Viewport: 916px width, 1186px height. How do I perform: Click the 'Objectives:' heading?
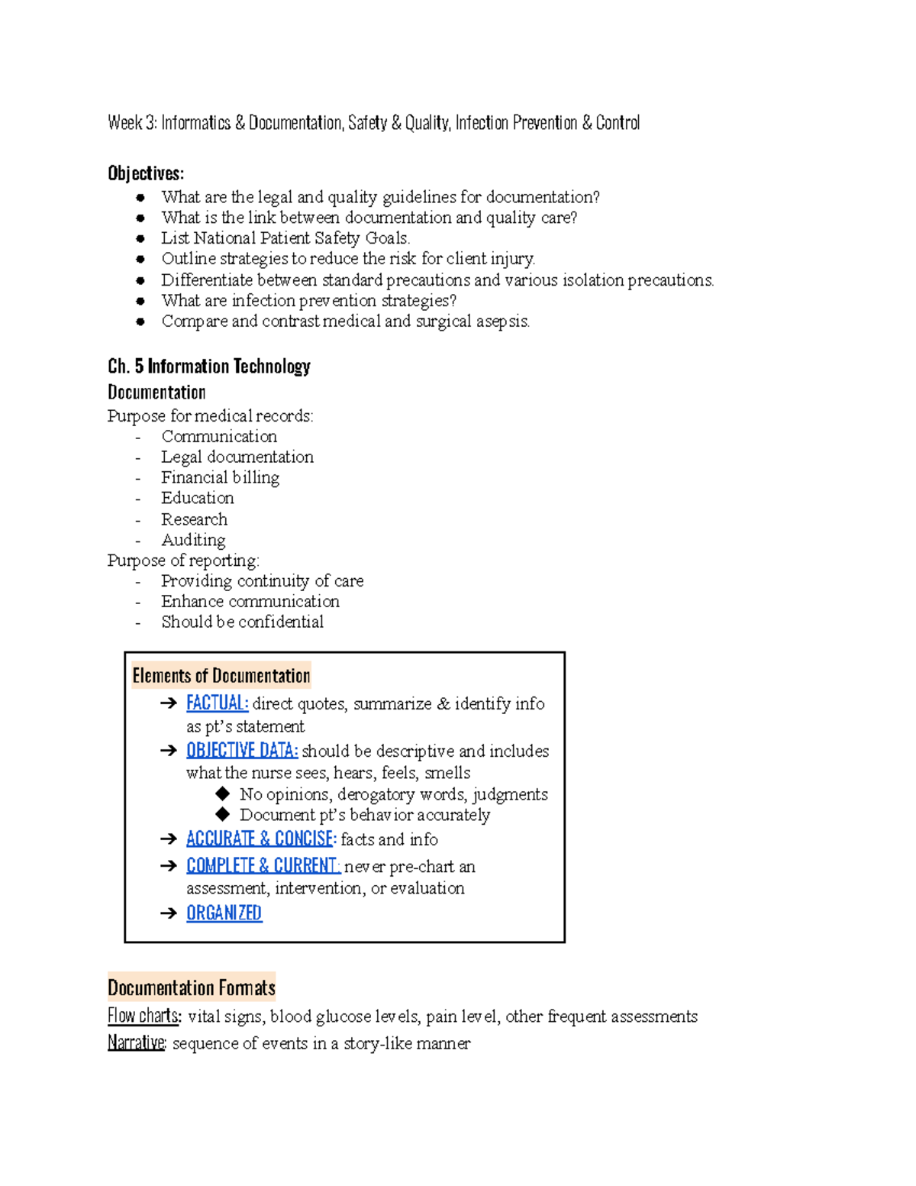[x=146, y=173]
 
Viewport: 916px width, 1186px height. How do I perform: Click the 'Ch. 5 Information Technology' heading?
[x=208, y=367]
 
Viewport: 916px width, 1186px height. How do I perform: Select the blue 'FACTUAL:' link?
[x=217, y=703]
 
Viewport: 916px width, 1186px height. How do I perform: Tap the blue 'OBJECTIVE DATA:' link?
[x=242, y=750]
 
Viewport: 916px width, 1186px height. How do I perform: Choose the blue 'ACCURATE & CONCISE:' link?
[x=261, y=839]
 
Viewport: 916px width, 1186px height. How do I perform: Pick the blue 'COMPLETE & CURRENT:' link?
[x=263, y=865]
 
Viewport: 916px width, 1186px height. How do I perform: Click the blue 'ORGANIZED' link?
[x=224, y=913]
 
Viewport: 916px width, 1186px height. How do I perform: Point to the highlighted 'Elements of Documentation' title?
[x=221, y=676]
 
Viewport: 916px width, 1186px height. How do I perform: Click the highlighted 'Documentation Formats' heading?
[x=191, y=987]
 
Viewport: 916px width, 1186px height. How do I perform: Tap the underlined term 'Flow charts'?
[x=144, y=1016]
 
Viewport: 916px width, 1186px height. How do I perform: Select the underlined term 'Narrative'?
[x=136, y=1042]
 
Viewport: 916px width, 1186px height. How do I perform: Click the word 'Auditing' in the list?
[x=193, y=540]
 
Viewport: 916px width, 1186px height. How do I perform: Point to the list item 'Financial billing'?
[x=220, y=477]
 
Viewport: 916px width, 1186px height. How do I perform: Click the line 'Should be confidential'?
[x=242, y=622]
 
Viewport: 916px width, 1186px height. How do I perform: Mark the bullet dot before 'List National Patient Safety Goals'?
[x=140, y=238]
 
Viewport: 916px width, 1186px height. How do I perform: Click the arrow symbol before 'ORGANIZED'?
[x=169, y=913]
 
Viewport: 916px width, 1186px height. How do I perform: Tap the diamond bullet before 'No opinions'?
[x=223, y=793]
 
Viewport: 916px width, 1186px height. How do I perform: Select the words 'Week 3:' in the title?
[x=132, y=123]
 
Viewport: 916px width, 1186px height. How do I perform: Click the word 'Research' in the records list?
[x=194, y=519]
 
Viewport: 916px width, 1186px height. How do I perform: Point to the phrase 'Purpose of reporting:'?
[x=183, y=560]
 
